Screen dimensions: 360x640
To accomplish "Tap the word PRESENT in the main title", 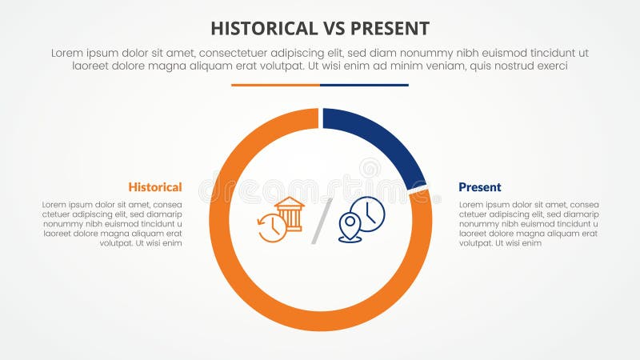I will [390, 29].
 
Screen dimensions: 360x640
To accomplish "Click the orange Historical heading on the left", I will [155, 187].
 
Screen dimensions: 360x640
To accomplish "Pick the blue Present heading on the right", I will [480, 187].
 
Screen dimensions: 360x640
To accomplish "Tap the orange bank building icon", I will [290, 214].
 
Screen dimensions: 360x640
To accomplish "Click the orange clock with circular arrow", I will [271, 228].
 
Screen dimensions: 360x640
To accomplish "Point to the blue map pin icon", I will [350, 227].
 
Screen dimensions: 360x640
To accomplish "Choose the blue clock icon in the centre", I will [368, 214].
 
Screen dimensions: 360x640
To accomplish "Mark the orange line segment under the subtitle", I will [275, 85].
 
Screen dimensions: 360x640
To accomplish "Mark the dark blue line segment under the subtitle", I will [364, 85].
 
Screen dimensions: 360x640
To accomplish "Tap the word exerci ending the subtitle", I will [550, 66].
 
